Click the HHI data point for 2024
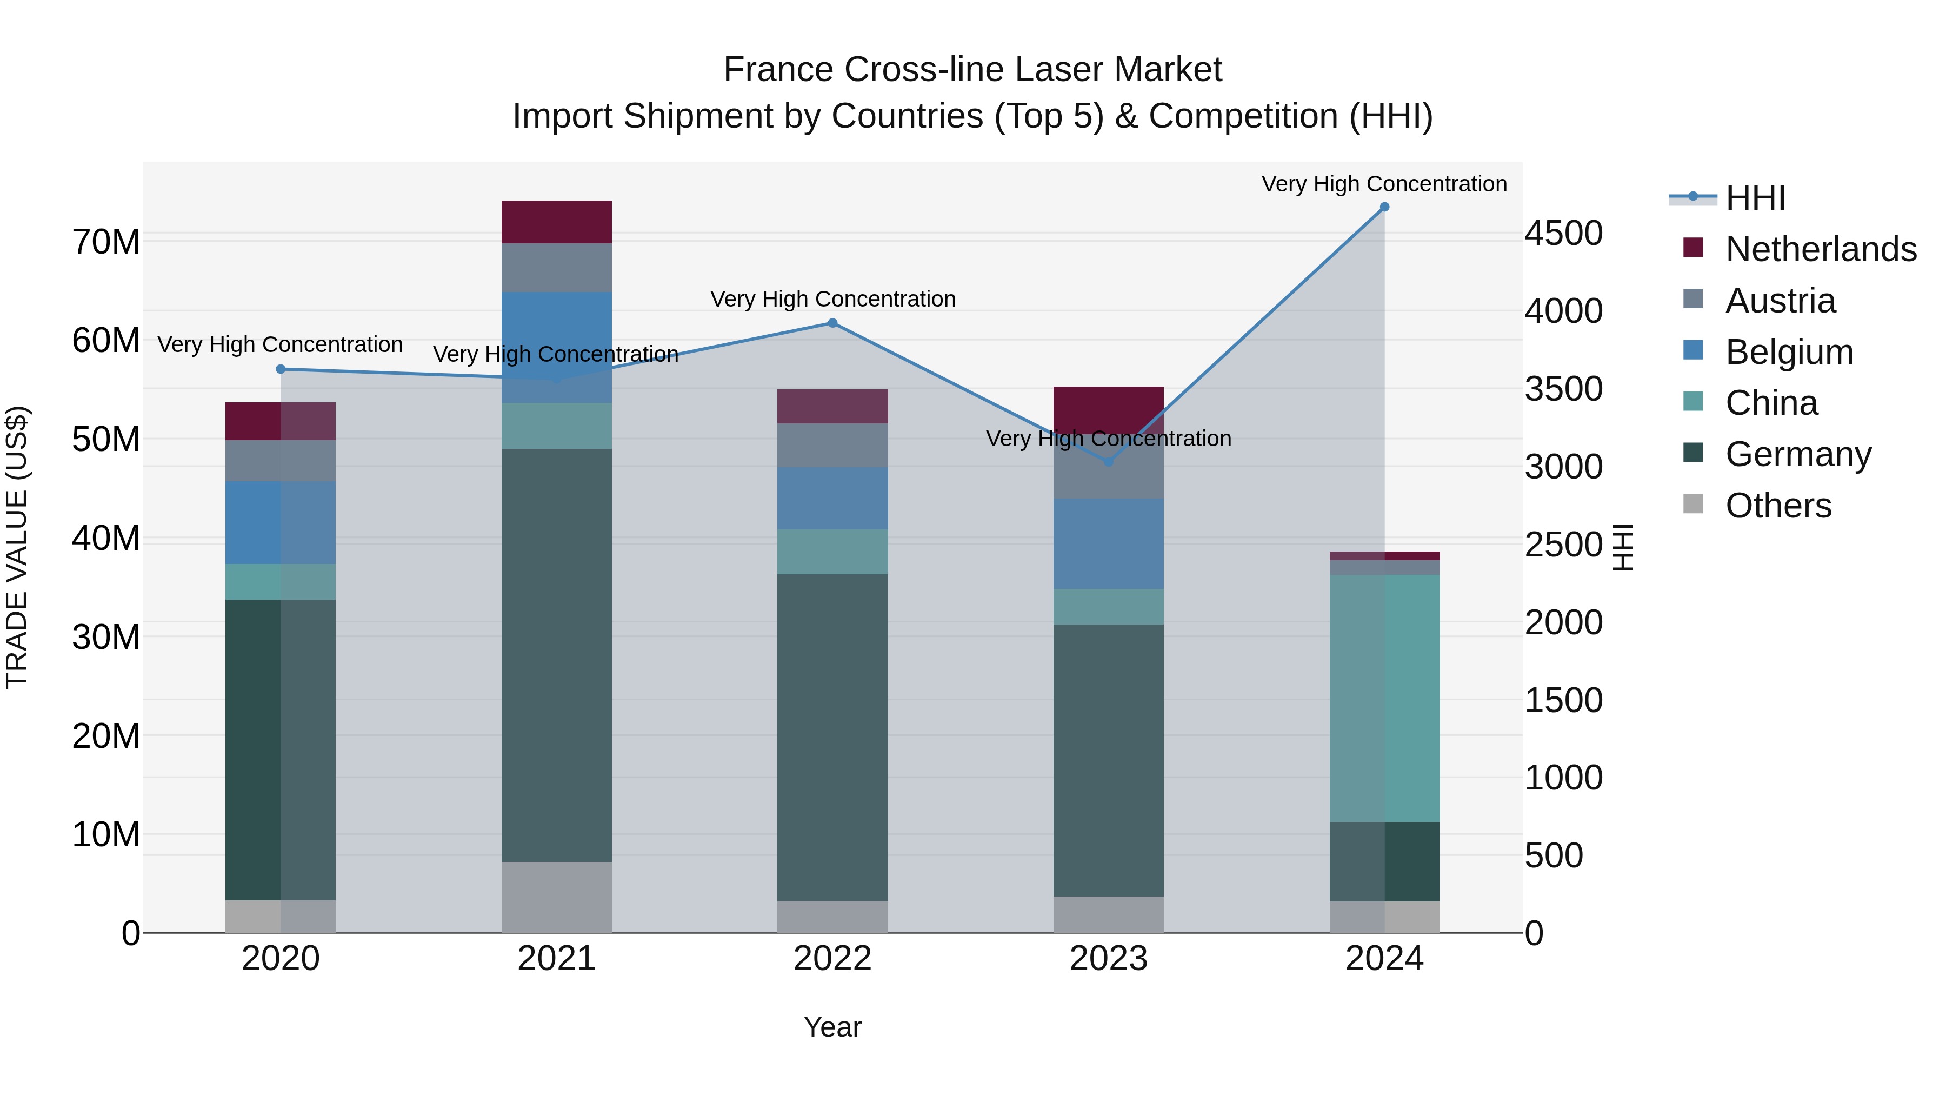(x=1384, y=207)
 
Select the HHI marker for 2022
(x=832, y=323)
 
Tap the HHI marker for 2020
(x=280, y=369)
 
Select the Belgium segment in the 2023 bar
(x=1108, y=543)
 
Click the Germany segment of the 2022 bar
(x=832, y=737)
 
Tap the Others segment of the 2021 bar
(x=557, y=897)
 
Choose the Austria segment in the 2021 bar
(x=557, y=268)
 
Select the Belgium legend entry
(x=1789, y=352)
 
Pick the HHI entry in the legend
(x=1755, y=198)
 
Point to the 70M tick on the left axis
(x=106, y=243)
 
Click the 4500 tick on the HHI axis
(x=1563, y=234)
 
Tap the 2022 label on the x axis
(x=832, y=959)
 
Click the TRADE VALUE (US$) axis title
(x=17, y=547)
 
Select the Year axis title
(x=832, y=1027)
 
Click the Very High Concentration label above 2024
(x=1384, y=184)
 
